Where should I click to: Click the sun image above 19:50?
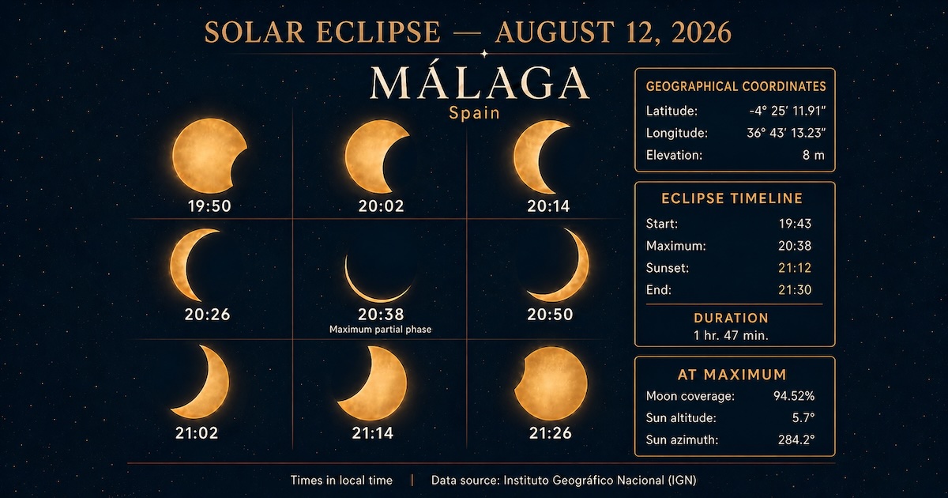point(209,156)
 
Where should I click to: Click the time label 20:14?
point(548,206)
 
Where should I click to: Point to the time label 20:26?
point(207,315)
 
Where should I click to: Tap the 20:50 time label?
point(550,315)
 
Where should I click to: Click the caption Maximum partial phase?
point(381,330)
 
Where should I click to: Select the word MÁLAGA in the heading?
point(480,82)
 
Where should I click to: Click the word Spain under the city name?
point(475,113)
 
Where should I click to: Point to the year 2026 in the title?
point(702,32)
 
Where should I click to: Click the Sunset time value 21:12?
point(795,268)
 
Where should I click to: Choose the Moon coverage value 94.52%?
point(794,396)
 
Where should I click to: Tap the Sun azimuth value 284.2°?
point(796,440)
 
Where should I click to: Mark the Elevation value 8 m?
point(814,155)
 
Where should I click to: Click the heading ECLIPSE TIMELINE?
point(732,198)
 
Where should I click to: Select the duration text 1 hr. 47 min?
point(731,335)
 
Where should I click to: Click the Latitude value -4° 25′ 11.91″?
point(787,111)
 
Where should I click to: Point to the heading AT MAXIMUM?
point(732,375)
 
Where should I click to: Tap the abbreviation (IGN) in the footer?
point(683,481)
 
